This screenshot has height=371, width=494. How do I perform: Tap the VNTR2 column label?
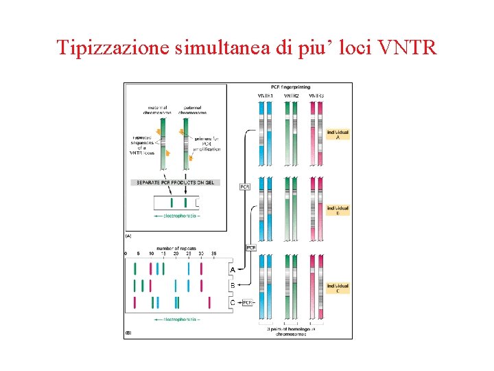click(x=291, y=95)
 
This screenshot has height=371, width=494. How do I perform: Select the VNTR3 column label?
click(x=316, y=95)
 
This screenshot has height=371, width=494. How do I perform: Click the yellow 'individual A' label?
click(x=338, y=134)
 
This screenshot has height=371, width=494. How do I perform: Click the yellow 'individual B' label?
click(x=338, y=210)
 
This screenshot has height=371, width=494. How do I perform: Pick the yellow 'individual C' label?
click(x=338, y=288)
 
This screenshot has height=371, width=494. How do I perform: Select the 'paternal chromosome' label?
click(x=192, y=110)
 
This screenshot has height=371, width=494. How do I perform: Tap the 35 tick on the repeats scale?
click(x=213, y=254)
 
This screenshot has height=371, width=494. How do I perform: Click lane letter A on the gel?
click(x=233, y=270)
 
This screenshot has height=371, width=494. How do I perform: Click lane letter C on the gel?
click(x=233, y=302)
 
